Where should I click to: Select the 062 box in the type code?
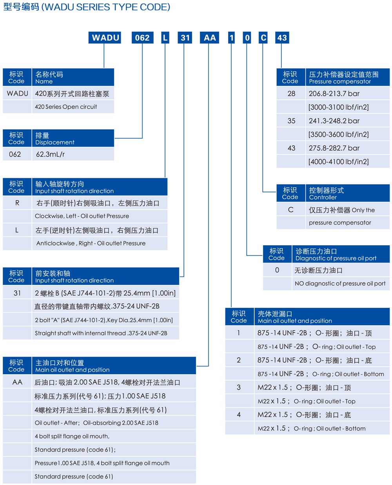pyautogui.click(x=142, y=38)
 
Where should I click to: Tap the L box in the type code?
pyautogui.click(x=165, y=38)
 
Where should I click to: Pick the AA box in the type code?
pyautogui.click(x=210, y=38)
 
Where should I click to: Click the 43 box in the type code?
pyautogui.click(x=282, y=38)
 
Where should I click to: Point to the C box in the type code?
pyautogui.click(x=263, y=38)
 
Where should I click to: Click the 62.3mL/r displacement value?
pyautogui.click(x=50, y=154)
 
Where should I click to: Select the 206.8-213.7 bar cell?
pyautogui.click(x=334, y=94)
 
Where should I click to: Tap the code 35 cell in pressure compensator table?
pyautogui.click(x=291, y=121)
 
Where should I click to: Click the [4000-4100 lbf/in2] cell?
pyautogui.click(x=338, y=161)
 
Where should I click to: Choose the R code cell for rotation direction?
pyautogui.click(x=17, y=203)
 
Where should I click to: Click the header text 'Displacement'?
pyautogui.click(x=54, y=143)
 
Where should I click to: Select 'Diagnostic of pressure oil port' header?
pyautogui.click(x=336, y=258)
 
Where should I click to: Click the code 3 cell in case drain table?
pyautogui.click(x=239, y=387)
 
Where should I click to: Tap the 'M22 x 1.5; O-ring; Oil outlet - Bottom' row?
pyautogui.click(x=311, y=429)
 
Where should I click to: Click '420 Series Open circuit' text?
pyautogui.click(x=66, y=107)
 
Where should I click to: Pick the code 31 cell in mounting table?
pyautogui.click(x=17, y=293)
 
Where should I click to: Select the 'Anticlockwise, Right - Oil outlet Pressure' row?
pyautogui.click(x=91, y=243)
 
